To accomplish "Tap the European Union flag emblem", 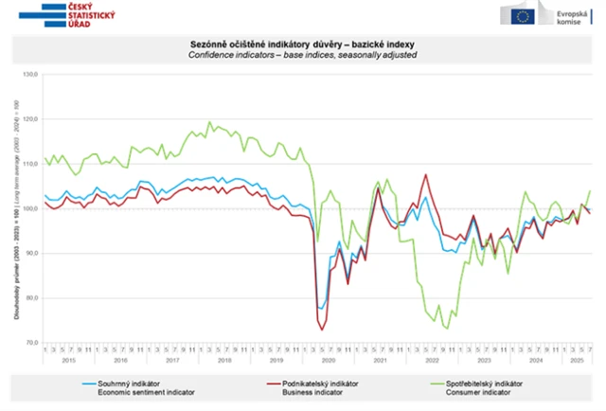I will coord(520,15).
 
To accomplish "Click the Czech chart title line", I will coord(302,45).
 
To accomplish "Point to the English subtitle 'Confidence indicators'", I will coord(302,55).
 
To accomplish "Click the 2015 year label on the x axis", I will coord(69,361).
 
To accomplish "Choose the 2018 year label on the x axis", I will coord(223,361).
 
